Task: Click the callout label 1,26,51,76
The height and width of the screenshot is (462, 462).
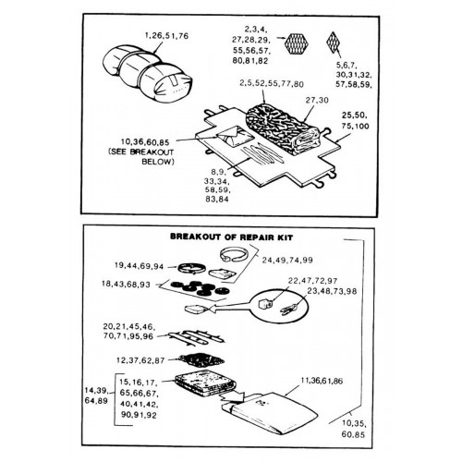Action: pos(166,36)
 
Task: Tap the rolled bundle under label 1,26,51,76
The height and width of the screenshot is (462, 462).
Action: pos(147,74)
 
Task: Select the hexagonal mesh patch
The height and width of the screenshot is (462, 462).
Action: pos(297,43)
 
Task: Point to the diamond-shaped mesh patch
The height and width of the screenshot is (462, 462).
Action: pos(333,43)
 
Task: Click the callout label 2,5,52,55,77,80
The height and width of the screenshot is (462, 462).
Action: pos(272,84)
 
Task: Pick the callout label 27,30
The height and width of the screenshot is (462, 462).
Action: pos(317,100)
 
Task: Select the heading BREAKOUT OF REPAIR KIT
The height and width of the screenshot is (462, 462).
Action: pos(232,237)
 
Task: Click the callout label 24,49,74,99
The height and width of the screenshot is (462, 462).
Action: pos(287,261)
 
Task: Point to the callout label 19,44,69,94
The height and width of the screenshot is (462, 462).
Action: pos(139,266)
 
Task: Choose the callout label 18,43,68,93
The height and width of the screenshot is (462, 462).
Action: pos(126,284)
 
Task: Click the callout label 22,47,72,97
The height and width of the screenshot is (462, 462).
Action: pos(312,281)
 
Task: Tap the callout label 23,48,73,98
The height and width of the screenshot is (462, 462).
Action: pos(332,291)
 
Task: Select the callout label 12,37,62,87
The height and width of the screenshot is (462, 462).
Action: pos(140,360)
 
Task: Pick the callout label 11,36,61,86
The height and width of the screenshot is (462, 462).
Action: pos(322,381)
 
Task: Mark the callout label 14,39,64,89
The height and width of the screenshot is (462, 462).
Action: pos(96,395)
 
